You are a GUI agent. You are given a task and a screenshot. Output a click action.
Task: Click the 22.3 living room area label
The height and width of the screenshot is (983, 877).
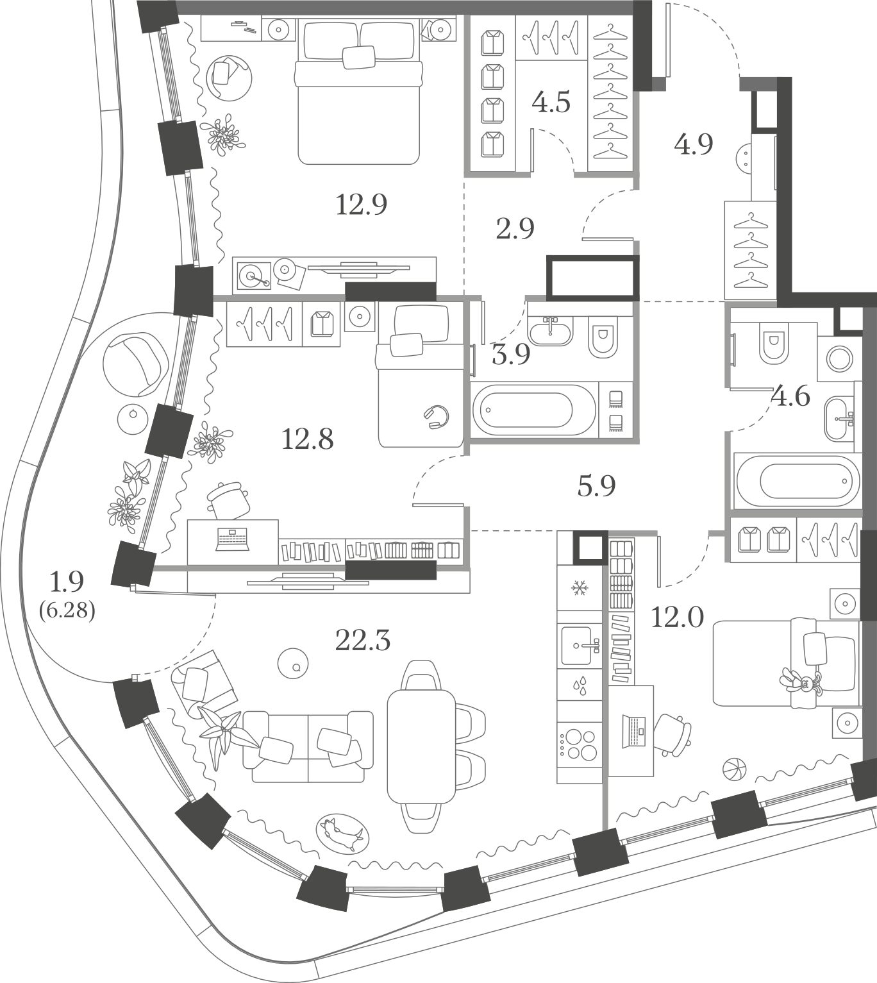pyautogui.click(x=363, y=641)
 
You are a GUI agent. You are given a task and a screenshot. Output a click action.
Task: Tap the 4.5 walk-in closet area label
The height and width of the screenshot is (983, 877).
pyautogui.click(x=551, y=102)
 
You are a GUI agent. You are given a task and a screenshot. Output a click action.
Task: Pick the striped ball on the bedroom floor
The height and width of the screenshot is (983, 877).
pyautogui.click(x=735, y=769)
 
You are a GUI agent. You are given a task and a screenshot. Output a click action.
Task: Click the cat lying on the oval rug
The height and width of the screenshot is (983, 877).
pyautogui.click(x=343, y=834)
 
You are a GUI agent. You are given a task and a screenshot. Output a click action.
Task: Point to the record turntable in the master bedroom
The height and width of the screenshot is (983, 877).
pyautogui.click(x=254, y=276)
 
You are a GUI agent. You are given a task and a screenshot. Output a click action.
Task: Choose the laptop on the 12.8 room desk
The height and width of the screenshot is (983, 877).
pyautogui.click(x=233, y=539)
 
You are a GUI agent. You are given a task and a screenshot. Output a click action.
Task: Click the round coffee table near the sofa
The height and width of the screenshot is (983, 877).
pyautogui.click(x=293, y=664)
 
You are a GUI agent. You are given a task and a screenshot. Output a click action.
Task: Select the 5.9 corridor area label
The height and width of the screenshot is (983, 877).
pyautogui.click(x=596, y=485)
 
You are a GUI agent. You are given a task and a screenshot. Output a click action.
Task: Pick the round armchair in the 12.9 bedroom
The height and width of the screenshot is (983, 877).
pyautogui.click(x=229, y=78)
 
